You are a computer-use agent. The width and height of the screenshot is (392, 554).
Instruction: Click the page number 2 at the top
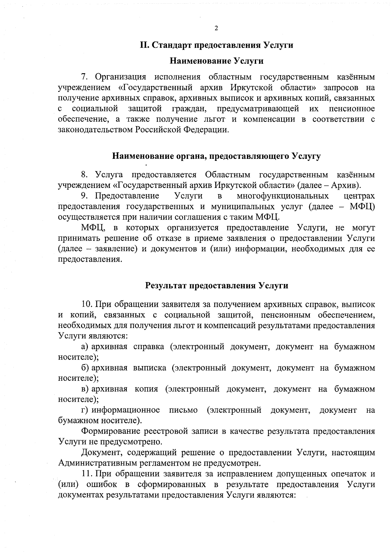point(216,28)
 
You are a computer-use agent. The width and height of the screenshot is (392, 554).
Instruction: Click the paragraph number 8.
point(84,175)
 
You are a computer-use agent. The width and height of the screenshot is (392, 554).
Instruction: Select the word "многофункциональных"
point(283,196)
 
